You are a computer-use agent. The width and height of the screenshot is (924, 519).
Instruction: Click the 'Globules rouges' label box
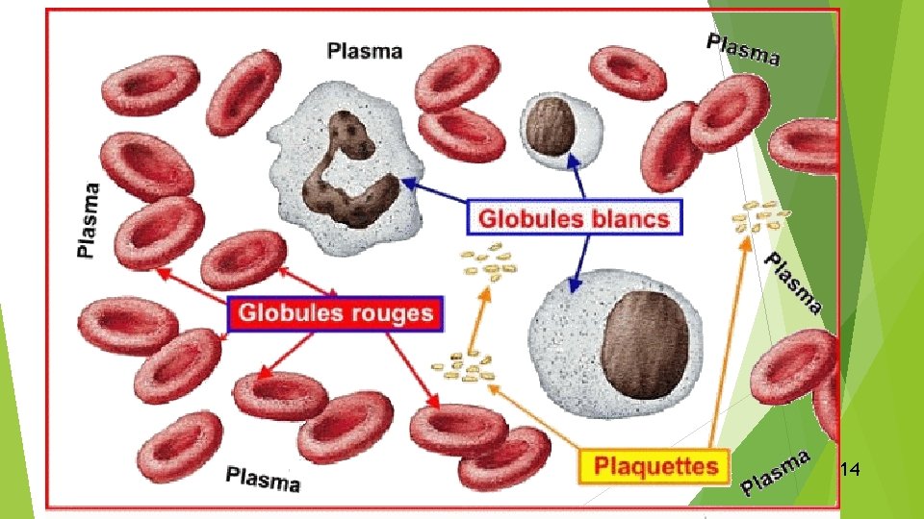coord(335,313)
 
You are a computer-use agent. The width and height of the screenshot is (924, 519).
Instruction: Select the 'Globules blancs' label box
coord(574,218)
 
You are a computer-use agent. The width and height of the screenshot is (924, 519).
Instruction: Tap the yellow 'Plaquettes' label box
coord(654,467)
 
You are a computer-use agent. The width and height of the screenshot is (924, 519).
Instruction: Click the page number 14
coord(849,469)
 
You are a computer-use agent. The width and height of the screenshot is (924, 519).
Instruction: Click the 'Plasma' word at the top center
coord(365,51)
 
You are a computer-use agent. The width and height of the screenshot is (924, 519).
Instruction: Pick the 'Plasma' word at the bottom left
coord(263,479)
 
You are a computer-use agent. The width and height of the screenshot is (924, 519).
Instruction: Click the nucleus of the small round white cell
coord(551,127)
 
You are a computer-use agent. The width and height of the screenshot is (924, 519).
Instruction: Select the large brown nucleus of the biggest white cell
coord(645,343)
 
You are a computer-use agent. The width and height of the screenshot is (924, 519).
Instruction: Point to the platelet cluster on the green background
coord(760,216)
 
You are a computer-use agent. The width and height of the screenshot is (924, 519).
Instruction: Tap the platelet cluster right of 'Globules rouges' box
coord(463,366)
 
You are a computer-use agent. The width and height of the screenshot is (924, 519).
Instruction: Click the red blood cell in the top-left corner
coord(150,86)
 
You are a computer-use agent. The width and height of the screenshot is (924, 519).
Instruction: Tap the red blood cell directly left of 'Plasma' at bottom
coord(180,447)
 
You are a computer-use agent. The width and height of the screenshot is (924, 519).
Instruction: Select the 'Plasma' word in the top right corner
coord(744,49)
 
